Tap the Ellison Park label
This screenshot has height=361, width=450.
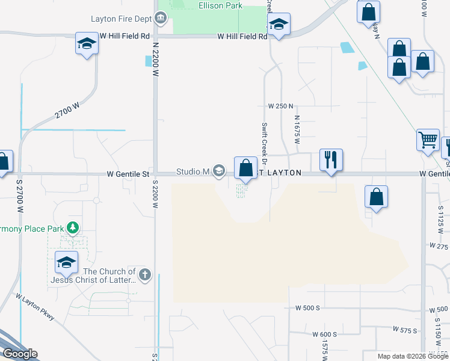[x=220, y=6]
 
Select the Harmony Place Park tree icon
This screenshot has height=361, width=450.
[x=73, y=227]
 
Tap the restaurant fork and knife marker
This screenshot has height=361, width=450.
[x=330, y=160]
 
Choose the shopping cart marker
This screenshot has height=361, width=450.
[x=428, y=140]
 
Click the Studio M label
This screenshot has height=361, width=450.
[x=192, y=172]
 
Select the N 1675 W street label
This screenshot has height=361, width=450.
[x=297, y=130]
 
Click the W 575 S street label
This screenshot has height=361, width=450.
[x=405, y=330]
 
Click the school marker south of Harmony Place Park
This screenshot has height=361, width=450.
[x=66, y=262]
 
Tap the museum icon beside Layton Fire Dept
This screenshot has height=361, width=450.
[x=161, y=18]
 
